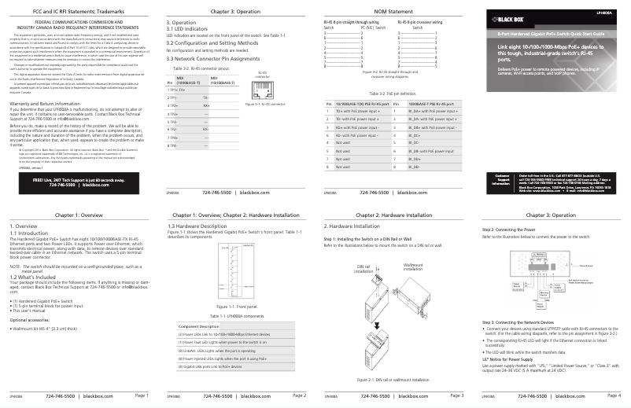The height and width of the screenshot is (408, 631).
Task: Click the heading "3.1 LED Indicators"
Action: (187, 29)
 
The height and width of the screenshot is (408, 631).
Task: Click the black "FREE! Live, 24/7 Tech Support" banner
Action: (78, 181)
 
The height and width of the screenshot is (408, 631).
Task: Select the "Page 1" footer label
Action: (141, 395)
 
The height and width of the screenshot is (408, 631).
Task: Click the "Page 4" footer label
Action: (614, 395)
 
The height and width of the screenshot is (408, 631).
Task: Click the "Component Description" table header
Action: (199, 325)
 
